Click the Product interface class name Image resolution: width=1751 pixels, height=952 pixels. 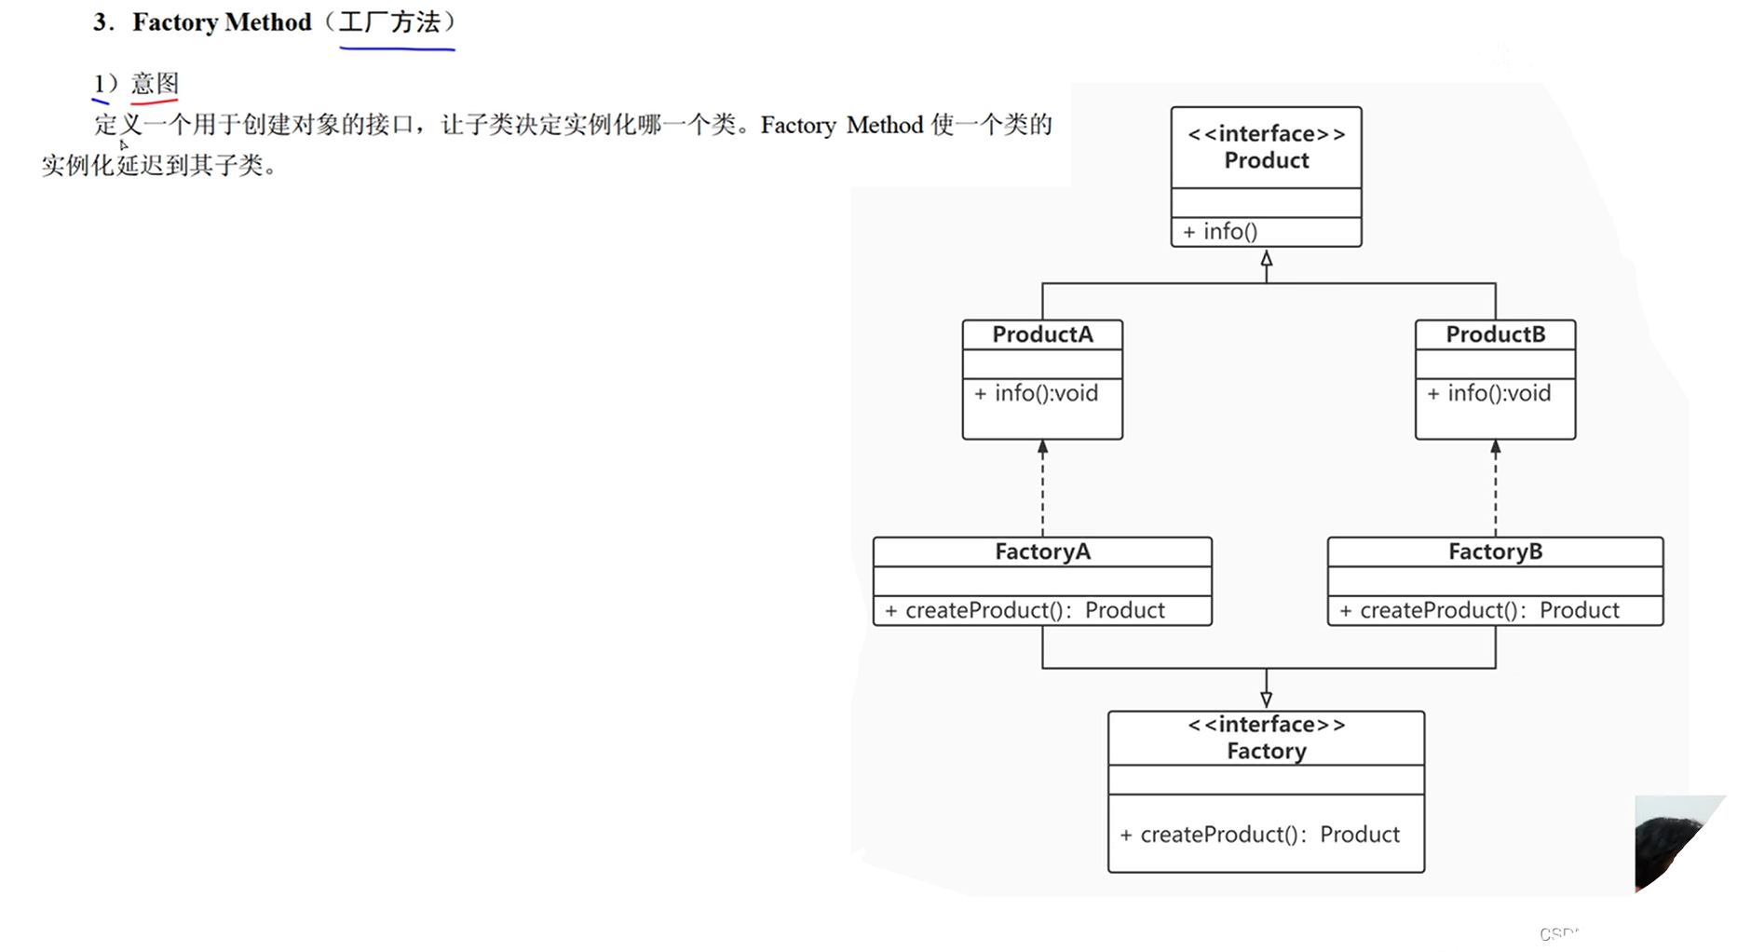(1266, 160)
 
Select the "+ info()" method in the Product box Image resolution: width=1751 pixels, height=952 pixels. (1220, 231)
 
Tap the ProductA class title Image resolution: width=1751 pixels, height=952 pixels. (1042, 334)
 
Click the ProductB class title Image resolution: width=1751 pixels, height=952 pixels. (1495, 334)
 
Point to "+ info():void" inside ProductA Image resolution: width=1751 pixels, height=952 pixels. (1037, 393)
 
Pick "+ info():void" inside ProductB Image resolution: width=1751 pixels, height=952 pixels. (1489, 393)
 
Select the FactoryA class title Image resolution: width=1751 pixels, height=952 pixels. (1042, 551)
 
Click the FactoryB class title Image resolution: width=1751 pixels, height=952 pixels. (1495, 551)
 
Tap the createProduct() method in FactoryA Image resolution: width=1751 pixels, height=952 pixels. (1025, 610)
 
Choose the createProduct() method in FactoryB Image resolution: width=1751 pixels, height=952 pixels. (1479, 610)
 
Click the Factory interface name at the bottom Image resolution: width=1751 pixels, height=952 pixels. (1266, 751)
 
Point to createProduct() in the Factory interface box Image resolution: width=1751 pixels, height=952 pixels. (1260, 834)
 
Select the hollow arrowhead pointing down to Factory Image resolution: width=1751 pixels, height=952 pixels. (1266, 700)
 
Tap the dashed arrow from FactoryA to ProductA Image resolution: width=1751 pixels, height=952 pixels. (1042, 489)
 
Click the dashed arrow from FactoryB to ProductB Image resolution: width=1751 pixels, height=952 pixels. (1495, 489)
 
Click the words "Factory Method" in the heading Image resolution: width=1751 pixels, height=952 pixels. (222, 22)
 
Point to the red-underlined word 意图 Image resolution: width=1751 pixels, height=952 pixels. (155, 84)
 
